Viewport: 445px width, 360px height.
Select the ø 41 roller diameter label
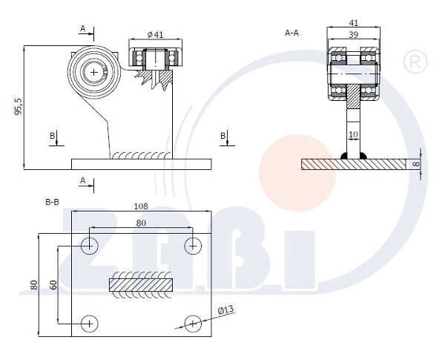pos(156,35)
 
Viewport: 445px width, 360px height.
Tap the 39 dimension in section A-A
pos(353,35)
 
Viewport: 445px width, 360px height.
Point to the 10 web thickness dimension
pos(353,134)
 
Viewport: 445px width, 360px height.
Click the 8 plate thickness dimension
pos(416,164)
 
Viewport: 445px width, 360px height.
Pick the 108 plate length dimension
pos(141,206)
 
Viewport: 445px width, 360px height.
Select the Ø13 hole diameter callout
pos(226,310)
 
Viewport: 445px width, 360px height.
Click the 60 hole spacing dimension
pos(53,285)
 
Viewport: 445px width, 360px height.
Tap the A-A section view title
pos(292,33)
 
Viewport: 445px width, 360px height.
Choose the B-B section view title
pos(52,202)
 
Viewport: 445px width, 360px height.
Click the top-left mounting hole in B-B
pos(90,246)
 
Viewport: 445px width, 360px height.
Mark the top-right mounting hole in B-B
pos(193,246)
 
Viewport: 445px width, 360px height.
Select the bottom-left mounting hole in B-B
pos(90,324)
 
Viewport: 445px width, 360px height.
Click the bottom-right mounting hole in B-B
pos(193,324)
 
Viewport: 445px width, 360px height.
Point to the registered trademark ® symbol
pos(415,62)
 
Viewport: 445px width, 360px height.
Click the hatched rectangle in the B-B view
pos(141,285)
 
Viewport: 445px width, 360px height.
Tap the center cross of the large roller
pos(94,73)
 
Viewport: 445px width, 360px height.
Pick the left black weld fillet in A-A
pos(343,156)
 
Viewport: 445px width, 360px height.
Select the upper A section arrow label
pos(82,29)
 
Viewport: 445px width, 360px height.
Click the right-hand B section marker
pos(223,136)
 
